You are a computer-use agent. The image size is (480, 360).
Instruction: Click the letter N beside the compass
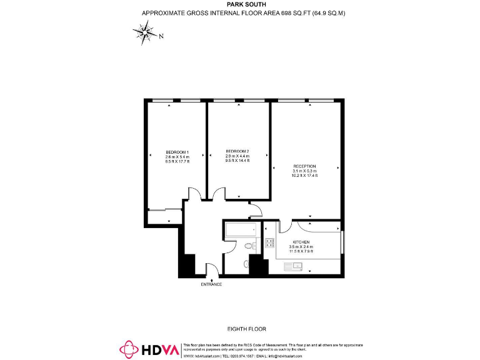161,36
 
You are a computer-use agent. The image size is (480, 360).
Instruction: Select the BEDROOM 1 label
177,152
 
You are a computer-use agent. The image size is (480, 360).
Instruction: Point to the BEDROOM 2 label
237,151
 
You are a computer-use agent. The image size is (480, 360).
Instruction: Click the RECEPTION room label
305,166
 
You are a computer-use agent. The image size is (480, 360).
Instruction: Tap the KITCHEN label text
301,242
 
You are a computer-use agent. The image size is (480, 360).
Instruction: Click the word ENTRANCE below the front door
211,284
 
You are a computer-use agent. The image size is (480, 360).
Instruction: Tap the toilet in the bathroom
249,247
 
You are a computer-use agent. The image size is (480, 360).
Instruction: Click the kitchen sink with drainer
292,267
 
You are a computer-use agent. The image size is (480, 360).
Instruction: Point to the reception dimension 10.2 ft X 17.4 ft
305,176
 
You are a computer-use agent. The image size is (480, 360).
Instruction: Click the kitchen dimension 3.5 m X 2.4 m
301,247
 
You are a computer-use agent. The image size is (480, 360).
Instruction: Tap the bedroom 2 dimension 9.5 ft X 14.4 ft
237,161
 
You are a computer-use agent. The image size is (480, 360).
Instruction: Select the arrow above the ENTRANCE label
211,279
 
